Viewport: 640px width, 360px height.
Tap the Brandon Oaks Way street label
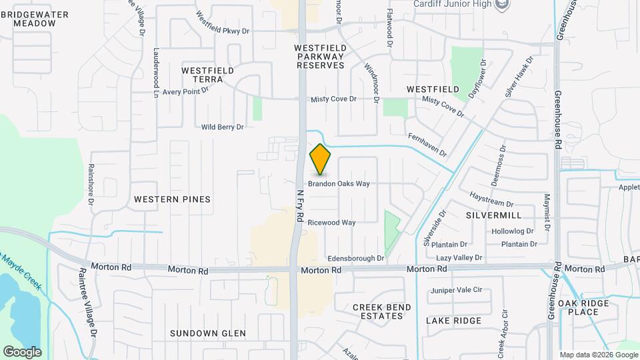coord(339,183)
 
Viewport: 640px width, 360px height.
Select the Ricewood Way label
coord(331,223)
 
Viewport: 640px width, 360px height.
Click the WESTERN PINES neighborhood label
coord(172,199)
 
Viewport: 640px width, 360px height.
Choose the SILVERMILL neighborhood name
coord(493,215)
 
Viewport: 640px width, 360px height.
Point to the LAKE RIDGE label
coord(453,321)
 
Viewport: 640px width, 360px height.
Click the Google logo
coord(22,351)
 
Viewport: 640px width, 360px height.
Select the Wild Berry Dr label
coord(223,127)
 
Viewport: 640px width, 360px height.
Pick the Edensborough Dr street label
coord(355,258)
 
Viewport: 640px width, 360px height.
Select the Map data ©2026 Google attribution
coord(598,355)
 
